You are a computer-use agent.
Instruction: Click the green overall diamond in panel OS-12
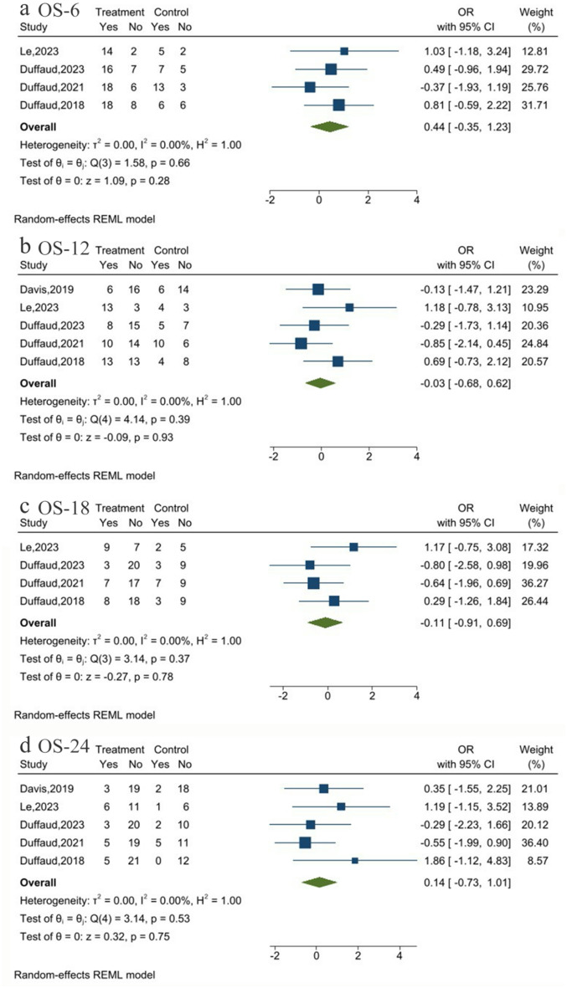pyautogui.click(x=321, y=383)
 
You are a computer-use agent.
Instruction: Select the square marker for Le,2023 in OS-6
pyautogui.click(x=343, y=51)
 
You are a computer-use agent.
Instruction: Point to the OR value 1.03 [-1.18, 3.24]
pyautogui.click(x=467, y=51)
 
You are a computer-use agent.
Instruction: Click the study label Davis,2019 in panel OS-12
pyautogui.click(x=47, y=289)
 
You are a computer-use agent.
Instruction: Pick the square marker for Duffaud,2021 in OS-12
pyautogui.click(x=301, y=343)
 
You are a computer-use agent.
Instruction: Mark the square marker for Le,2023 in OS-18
pyautogui.click(x=353, y=547)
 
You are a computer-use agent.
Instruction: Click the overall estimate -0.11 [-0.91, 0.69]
pyautogui.click(x=466, y=622)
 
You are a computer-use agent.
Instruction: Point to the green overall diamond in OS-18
pyautogui.click(x=325, y=622)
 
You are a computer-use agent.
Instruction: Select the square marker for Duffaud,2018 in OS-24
pyautogui.click(x=355, y=860)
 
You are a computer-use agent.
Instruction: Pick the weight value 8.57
pyautogui.click(x=537, y=861)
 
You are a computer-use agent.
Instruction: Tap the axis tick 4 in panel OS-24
pyautogui.click(x=399, y=956)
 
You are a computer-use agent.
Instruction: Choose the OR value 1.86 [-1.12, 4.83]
pyautogui.click(x=467, y=861)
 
